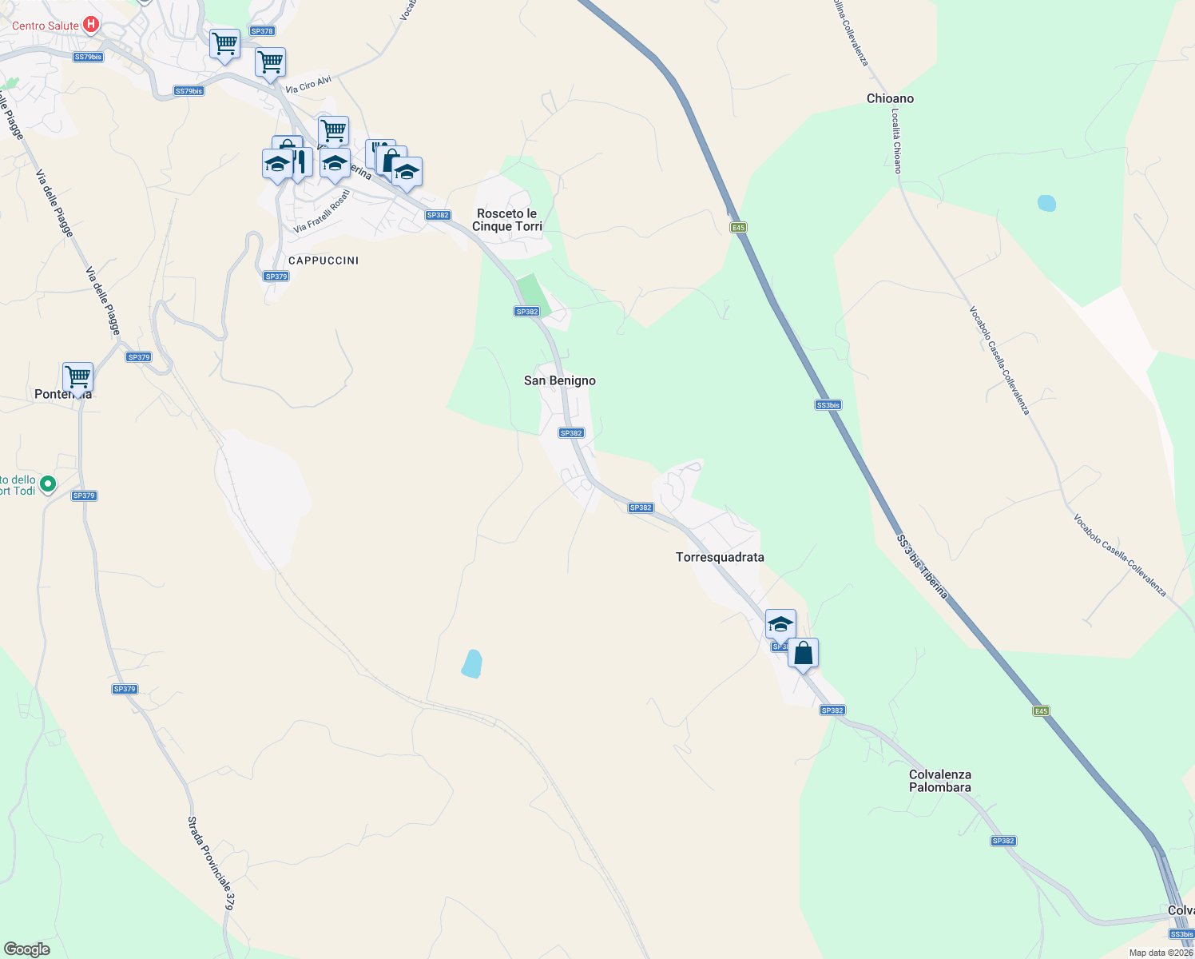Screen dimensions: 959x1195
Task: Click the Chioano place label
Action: click(890, 98)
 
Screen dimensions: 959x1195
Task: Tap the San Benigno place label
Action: click(559, 380)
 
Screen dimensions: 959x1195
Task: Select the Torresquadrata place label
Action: click(720, 557)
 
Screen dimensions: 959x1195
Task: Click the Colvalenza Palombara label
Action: click(940, 781)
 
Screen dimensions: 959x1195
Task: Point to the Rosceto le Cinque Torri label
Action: click(507, 220)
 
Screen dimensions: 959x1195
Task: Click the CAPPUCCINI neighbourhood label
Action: click(324, 261)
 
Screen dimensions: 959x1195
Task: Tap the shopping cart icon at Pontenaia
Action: click(78, 376)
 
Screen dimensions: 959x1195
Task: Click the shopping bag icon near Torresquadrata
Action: click(803, 653)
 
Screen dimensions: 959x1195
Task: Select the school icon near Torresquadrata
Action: click(780, 624)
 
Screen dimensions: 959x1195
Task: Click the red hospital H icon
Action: click(91, 25)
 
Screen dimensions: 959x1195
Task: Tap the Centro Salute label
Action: click(46, 26)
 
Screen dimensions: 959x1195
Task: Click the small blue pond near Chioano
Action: click(1046, 203)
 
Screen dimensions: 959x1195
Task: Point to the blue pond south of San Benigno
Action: click(472, 664)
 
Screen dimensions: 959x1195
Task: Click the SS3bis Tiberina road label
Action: click(922, 567)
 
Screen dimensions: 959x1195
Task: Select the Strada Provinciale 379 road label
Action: click(211, 863)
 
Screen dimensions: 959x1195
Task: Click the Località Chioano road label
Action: click(896, 141)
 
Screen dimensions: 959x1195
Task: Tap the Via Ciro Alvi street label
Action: click(308, 85)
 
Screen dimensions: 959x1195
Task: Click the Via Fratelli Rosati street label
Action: click(322, 211)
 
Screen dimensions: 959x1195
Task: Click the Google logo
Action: click(26, 949)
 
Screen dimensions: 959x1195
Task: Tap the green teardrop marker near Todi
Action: click(48, 483)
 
